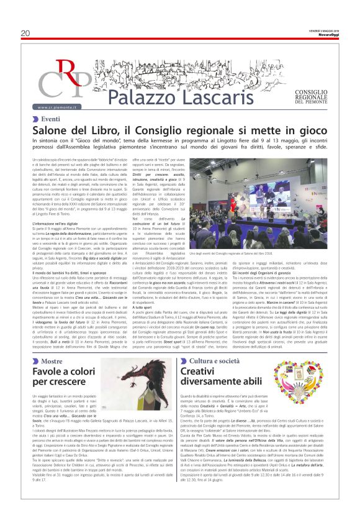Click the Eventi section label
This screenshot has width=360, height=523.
(x=51, y=119)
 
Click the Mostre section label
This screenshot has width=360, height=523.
(x=52, y=361)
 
